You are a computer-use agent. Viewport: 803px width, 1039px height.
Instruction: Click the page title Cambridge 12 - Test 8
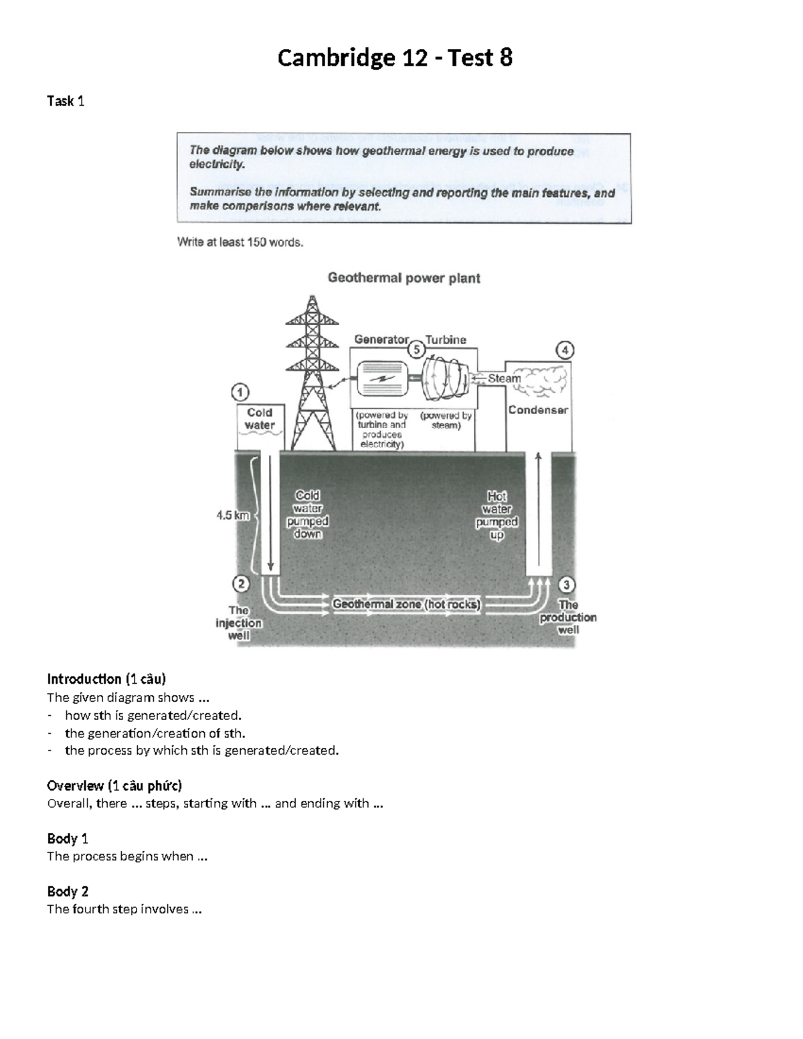(x=395, y=59)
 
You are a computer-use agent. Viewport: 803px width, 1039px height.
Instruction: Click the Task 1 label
(x=66, y=101)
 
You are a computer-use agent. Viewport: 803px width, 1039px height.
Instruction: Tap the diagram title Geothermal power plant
(x=404, y=278)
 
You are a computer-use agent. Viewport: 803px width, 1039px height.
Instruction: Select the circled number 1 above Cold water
(x=240, y=392)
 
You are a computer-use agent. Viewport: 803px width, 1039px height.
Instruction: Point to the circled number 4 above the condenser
(x=565, y=350)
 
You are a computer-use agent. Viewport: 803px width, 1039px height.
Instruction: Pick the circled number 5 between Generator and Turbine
(x=416, y=349)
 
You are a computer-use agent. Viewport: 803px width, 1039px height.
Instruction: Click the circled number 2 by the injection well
(x=240, y=583)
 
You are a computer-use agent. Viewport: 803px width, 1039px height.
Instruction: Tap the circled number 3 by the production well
(x=566, y=585)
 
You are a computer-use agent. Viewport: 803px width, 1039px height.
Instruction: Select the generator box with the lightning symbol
(x=382, y=378)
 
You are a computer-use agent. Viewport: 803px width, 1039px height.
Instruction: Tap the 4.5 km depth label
(x=232, y=515)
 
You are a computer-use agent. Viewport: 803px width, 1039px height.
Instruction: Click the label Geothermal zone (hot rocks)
(x=406, y=604)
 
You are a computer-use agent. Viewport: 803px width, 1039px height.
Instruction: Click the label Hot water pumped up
(x=497, y=515)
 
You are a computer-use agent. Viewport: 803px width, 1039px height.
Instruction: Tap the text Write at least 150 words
(x=240, y=242)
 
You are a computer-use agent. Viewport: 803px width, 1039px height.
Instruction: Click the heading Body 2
(x=68, y=891)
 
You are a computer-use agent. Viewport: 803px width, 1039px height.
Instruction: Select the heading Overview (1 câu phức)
(x=114, y=785)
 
